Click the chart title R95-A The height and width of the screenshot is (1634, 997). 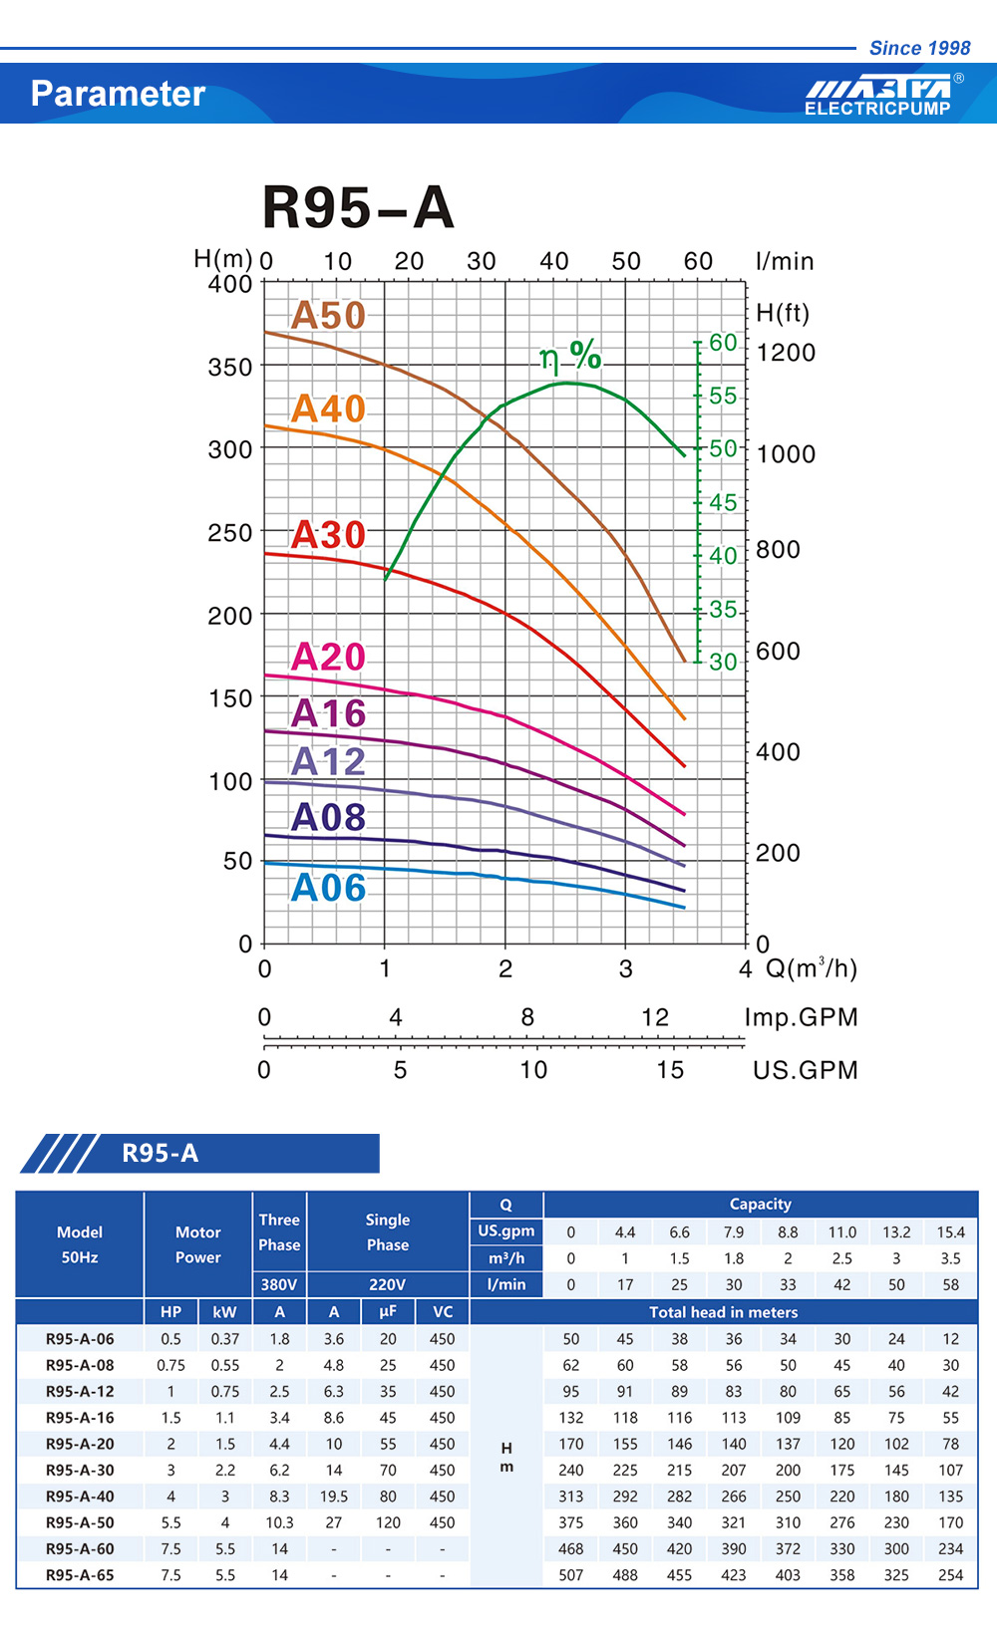click(358, 207)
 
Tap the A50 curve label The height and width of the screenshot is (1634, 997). click(328, 315)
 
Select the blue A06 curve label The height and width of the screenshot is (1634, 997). click(328, 887)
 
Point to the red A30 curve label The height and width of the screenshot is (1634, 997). click(328, 535)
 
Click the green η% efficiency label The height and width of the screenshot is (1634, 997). click(570, 356)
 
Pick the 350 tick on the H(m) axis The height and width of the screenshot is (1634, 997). click(229, 367)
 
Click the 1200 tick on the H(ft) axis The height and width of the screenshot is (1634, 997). click(786, 353)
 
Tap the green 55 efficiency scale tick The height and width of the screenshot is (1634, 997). click(723, 396)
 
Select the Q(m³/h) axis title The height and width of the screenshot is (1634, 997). click(811, 968)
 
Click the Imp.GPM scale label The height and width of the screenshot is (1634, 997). click(801, 1017)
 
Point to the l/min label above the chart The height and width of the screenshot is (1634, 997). click(785, 261)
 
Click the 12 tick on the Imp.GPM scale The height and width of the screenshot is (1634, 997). click(655, 1017)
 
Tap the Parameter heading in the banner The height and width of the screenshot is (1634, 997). click(118, 94)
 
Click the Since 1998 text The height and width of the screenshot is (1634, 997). click(919, 48)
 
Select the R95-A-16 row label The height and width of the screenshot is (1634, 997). click(80, 1417)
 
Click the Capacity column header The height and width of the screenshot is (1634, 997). click(760, 1204)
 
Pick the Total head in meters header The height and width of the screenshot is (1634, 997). click(723, 1312)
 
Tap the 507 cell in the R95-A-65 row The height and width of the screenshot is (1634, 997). click(570, 1575)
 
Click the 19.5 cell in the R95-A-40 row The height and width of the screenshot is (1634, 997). click(333, 1497)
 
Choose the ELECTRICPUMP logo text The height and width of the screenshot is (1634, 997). click(877, 109)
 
